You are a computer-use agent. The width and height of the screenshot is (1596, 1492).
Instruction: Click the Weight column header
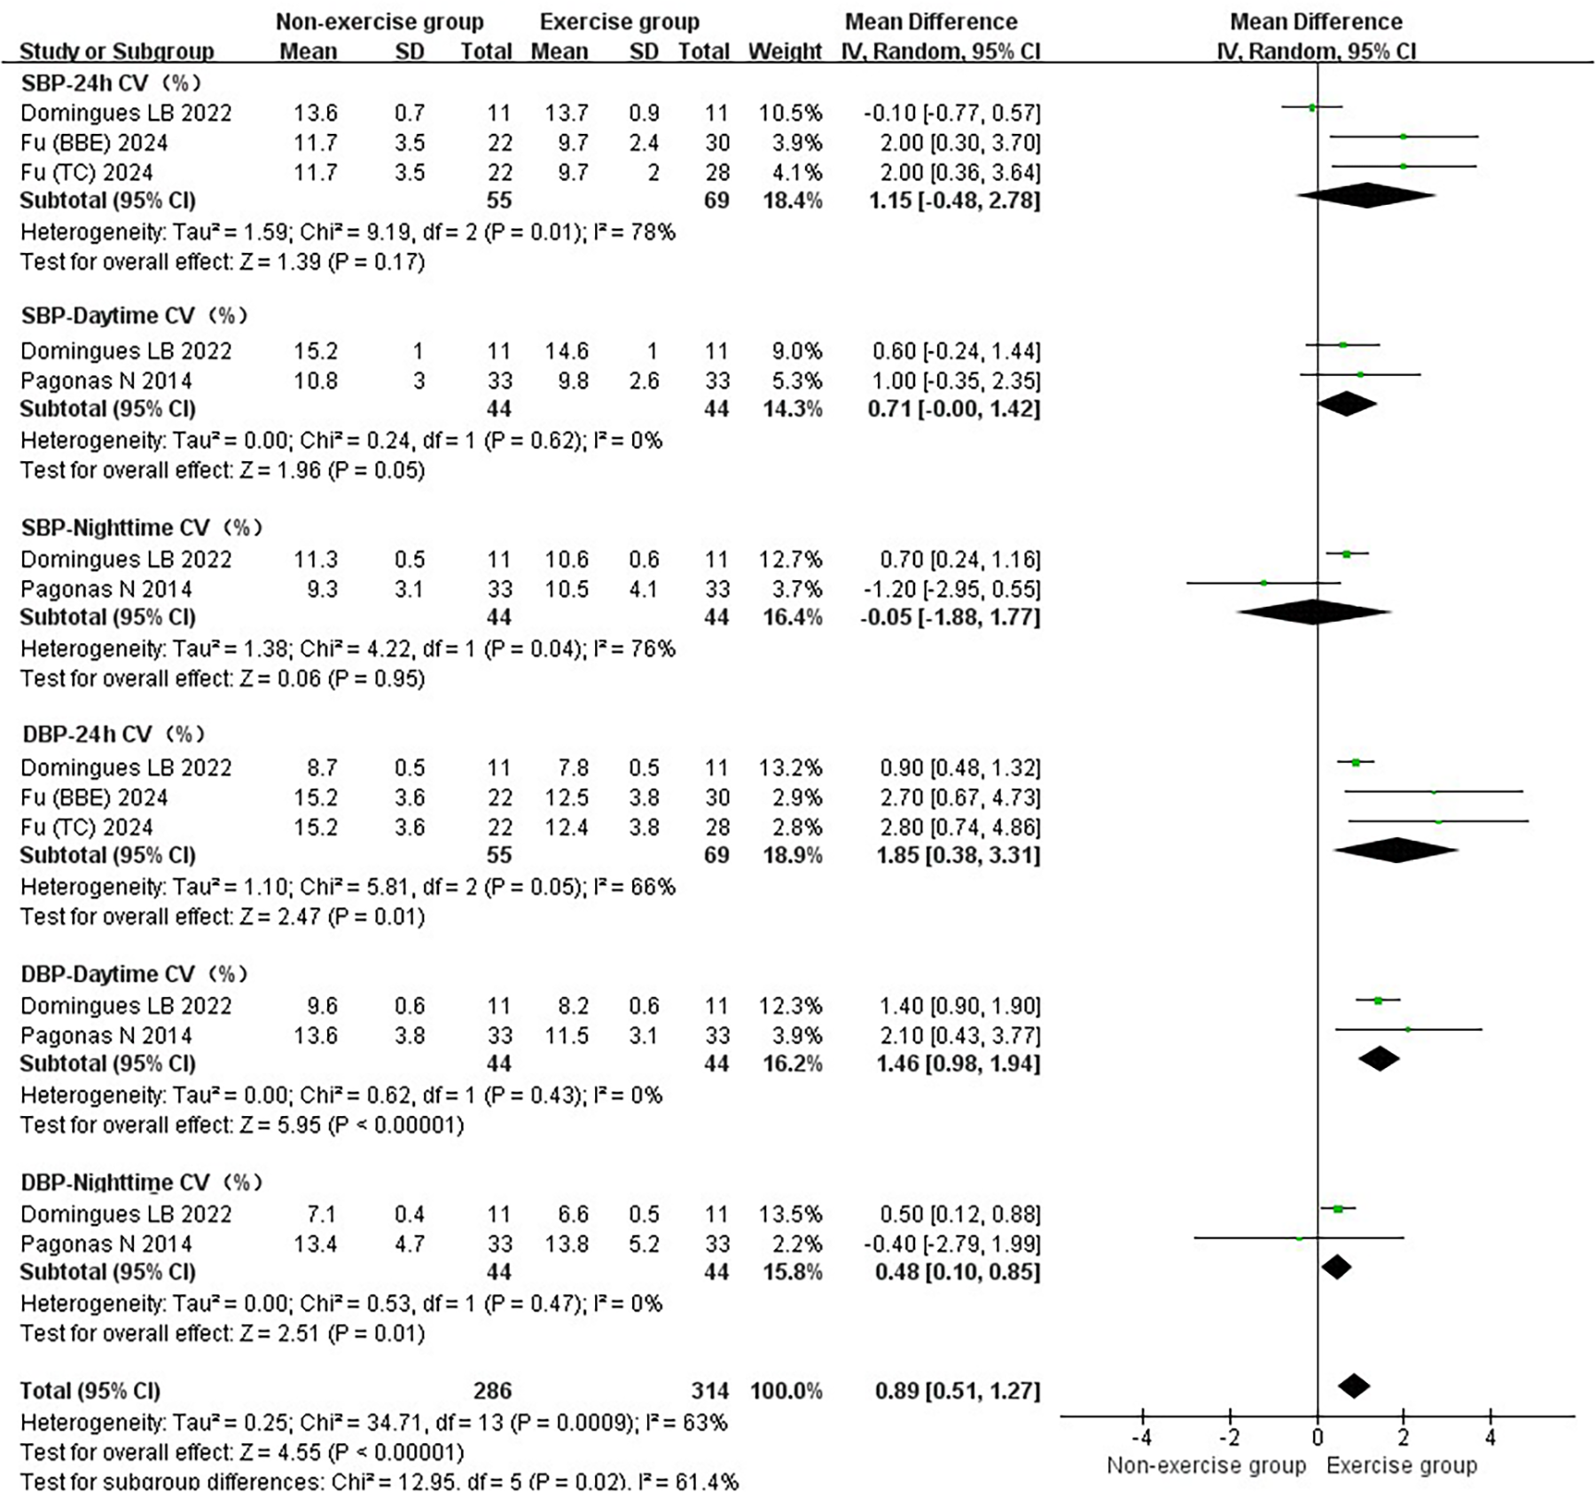pos(785,51)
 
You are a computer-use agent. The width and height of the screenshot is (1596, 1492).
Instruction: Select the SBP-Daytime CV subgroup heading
pos(134,316)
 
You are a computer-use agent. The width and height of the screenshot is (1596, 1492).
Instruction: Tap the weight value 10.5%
pos(790,113)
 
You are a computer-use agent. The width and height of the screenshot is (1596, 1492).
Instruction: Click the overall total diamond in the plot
pos(1353,1386)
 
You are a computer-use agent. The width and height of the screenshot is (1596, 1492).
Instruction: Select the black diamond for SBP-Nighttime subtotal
pos(1314,612)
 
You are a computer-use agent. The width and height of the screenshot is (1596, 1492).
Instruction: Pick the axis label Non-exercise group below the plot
pos(1206,1466)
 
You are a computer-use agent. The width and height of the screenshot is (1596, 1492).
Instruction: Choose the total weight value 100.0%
pos(786,1391)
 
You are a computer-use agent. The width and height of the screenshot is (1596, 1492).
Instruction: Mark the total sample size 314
pos(709,1391)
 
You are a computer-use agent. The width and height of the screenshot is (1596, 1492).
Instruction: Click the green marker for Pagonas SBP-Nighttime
pos(1263,583)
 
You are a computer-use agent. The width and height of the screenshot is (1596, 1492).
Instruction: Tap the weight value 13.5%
pos(790,1213)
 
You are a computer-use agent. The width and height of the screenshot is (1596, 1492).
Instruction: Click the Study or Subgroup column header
pos(117,51)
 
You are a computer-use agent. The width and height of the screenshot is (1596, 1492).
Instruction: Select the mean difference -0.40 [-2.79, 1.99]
pos(951,1244)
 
